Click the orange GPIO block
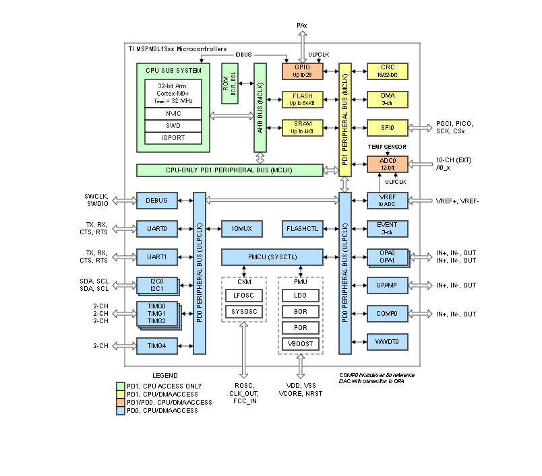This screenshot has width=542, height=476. pos(303,71)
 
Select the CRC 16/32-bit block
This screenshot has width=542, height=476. pos(388,71)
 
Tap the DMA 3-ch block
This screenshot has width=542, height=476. pos(388,100)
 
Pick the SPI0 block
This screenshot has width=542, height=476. pos(388,127)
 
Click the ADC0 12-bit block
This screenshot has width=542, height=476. pos(388,164)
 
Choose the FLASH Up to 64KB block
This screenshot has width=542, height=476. pos(303,100)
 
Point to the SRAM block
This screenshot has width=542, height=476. pos(303,127)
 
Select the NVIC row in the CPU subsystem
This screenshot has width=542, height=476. pos(173,114)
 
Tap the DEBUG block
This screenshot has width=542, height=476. pos(156,200)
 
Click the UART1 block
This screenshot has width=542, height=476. pos(156,257)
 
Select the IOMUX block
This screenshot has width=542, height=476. pos(241,229)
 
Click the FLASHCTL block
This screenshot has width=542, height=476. pos(303,229)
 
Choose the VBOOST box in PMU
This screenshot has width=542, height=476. pos(301,344)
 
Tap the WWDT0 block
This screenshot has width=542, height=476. pos(388,342)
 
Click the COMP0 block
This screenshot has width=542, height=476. pos(388,314)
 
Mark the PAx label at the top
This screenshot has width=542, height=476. pos(303,25)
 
